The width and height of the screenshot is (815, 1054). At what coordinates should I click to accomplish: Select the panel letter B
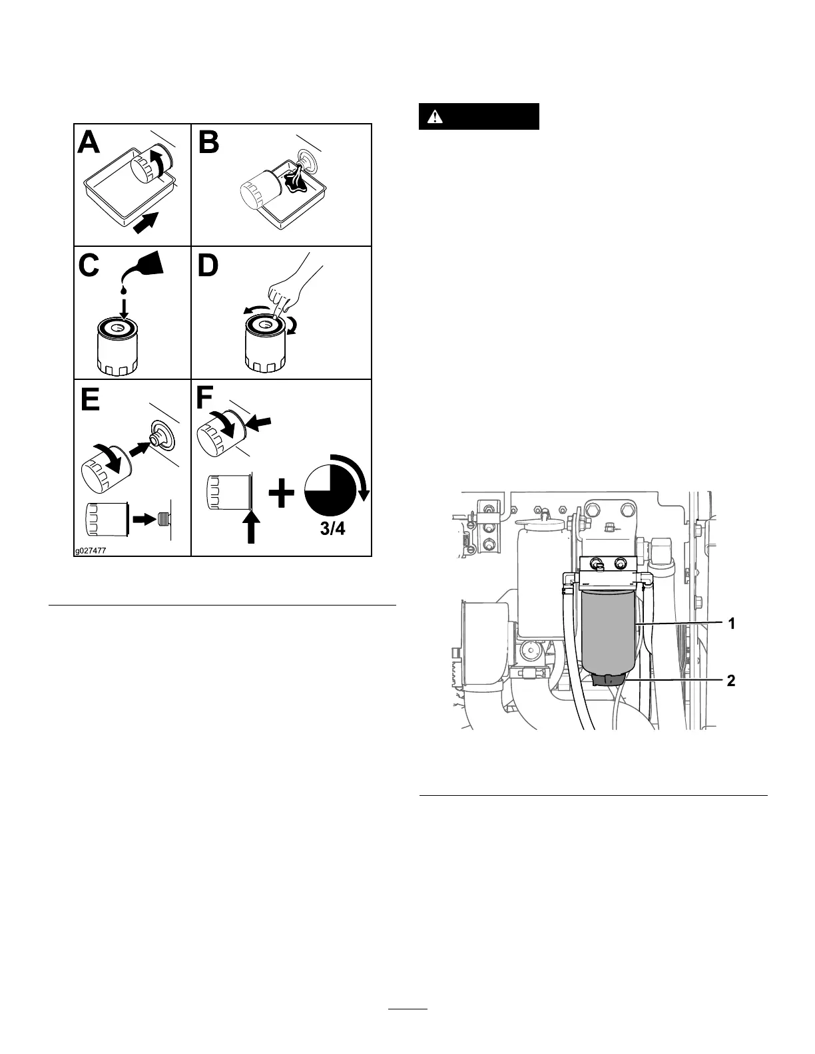pos(208,142)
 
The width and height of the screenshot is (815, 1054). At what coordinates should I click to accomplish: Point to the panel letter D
pos(208,266)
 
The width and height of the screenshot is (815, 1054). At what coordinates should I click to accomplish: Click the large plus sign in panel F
pos(282,494)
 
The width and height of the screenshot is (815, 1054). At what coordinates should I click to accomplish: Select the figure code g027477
pos(91,550)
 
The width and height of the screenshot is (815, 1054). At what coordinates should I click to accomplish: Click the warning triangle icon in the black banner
pos(435,116)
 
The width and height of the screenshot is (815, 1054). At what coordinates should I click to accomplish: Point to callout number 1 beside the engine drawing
pos(730,623)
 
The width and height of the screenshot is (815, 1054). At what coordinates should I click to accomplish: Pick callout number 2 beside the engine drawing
pos(730,681)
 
